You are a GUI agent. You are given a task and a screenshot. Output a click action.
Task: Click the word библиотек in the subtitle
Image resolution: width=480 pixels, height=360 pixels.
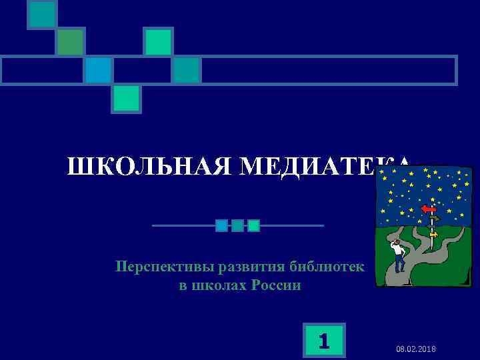pyautogui.click(x=327, y=267)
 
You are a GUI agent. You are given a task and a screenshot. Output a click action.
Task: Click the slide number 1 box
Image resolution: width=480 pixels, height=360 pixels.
pyautogui.click(x=324, y=341)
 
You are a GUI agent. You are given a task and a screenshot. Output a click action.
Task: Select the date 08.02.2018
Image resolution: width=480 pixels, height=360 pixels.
pyautogui.click(x=416, y=349)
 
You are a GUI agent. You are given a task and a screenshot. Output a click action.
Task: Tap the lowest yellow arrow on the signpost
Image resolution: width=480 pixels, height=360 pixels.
pyautogui.click(x=433, y=234)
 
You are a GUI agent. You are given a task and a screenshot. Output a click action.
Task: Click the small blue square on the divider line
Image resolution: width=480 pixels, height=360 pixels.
pyautogui.click(x=221, y=225)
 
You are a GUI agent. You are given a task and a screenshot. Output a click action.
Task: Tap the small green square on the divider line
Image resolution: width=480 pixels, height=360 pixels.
pyautogui.click(x=253, y=225)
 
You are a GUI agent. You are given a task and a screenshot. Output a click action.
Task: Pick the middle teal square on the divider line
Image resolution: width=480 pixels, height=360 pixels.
pyautogui.click(x=237, y=225)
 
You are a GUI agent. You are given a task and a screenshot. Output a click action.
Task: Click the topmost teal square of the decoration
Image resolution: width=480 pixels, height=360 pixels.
pyautogui.click(x=42, y=15)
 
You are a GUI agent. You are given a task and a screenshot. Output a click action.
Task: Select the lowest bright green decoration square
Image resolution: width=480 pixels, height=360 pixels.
pyautogui.click(x=126, y=98)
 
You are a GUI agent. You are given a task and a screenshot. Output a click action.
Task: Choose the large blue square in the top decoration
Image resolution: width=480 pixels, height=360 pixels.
pyautogui.click(x=98, y=70)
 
